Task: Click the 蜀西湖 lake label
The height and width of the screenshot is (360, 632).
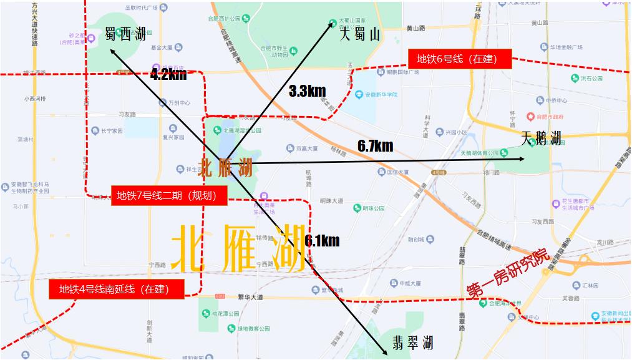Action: coord(125,34)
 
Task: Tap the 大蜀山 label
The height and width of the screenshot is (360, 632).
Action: coord(359,35)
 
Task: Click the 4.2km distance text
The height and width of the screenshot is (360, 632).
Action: coord(168,75)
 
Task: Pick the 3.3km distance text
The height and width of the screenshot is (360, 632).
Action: coord(308,91)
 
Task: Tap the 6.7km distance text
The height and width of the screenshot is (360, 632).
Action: coord(375,146)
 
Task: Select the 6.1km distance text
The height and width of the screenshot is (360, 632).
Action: coord(322,240)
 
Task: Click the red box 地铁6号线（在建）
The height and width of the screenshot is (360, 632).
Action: coord(460,59)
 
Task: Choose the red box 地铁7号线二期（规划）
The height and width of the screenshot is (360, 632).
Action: coord(167,196)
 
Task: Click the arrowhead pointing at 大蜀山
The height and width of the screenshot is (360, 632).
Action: coord(333,23)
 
